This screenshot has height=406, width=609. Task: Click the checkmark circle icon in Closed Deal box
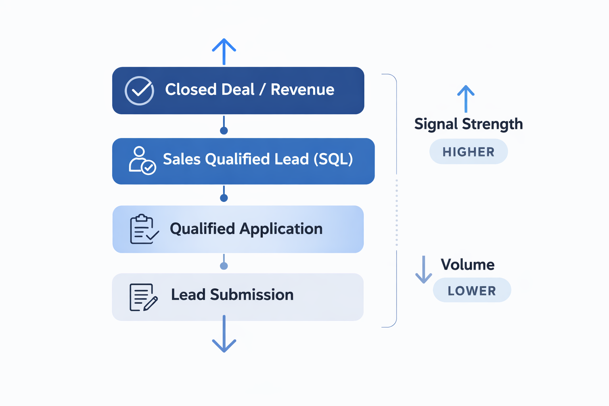coord(139,91)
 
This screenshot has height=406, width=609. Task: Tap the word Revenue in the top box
coord(302,90)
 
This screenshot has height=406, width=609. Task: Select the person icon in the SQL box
coord(142,161)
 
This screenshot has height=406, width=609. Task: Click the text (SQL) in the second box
coord(333,159)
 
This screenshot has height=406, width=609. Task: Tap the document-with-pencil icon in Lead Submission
coord(143,297)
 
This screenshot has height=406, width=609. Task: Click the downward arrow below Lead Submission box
coord(224,335)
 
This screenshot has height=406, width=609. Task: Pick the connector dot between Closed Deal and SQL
coord(224,130)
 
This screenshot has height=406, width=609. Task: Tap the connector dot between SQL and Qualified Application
coord(224,198)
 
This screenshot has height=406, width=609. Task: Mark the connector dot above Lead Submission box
coord(224,266)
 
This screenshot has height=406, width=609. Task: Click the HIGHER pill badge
coord(468,152)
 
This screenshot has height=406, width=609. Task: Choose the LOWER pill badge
coord(472,291)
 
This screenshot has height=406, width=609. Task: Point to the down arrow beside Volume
coord(423,270)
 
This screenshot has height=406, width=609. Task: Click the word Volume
coord(467,264)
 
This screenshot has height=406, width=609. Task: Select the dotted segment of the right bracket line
coord(396,213)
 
